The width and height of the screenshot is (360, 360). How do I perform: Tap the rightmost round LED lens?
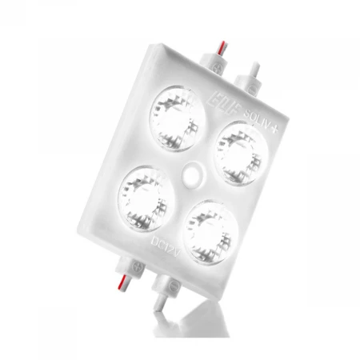click(237, 147)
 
